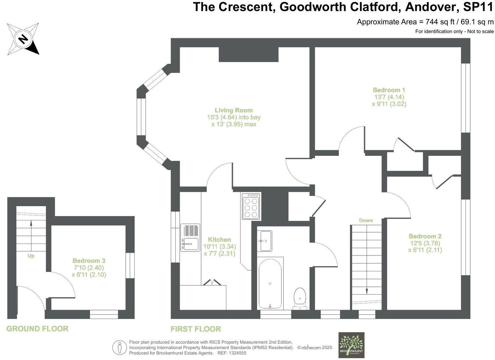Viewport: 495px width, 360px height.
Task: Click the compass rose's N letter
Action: [23, 39]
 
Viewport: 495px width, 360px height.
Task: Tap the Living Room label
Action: [234, 111]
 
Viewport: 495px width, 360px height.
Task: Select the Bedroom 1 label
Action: [389, 90]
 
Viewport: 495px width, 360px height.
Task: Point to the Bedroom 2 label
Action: [425, 236]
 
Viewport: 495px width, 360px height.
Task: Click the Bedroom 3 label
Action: [89, 261]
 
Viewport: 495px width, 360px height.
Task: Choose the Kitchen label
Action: [219, 240]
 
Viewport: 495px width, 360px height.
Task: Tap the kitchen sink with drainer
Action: [190, 238]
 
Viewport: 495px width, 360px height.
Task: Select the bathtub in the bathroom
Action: [270, 283]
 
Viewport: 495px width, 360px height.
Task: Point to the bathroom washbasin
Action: [264, 241]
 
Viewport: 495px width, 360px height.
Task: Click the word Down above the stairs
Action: [366, 220]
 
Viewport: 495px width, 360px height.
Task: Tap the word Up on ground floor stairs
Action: [31, 256]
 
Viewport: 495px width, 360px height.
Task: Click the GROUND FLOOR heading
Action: [37, 329]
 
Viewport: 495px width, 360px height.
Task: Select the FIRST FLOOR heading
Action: [196, 329]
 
